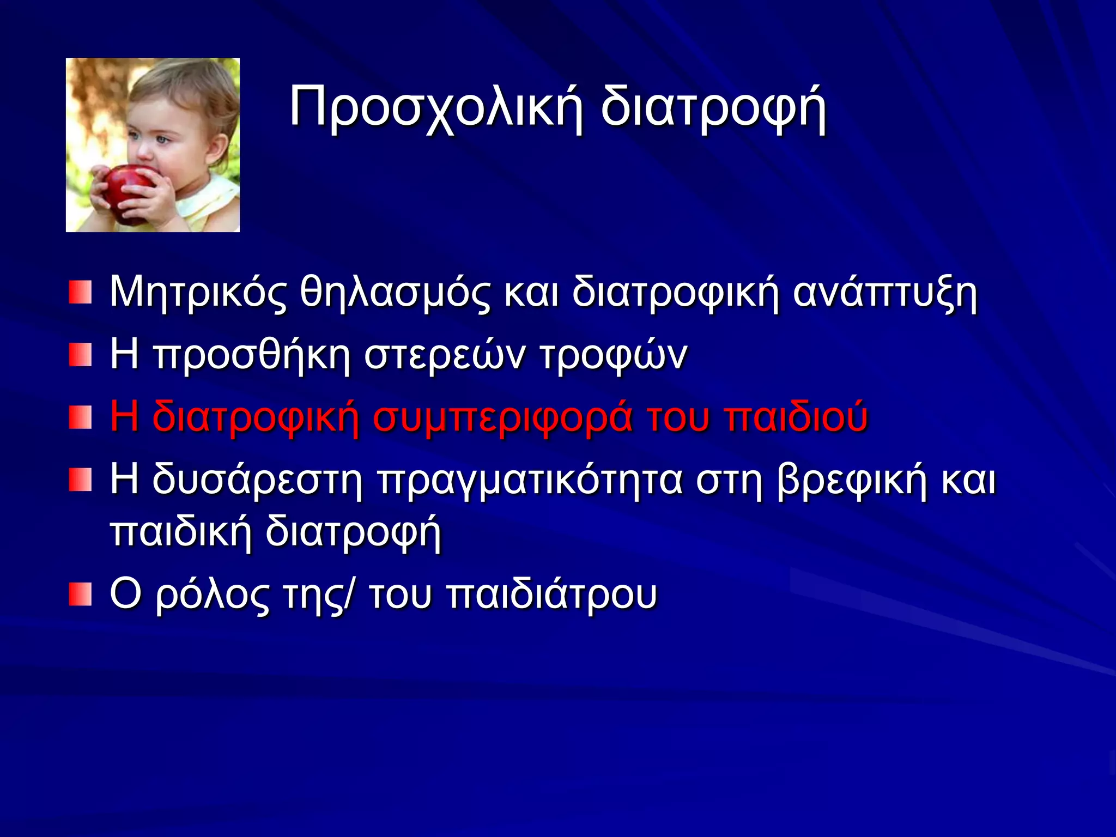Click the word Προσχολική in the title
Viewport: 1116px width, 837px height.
coord(436,107)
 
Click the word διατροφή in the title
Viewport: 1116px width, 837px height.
coord(714,107)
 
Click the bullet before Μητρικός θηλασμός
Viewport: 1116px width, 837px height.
coord(80,293)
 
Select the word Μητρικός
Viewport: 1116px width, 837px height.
coord(198,293)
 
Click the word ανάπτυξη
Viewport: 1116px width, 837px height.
coord(885,293)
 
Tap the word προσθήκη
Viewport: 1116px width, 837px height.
coord(252,355)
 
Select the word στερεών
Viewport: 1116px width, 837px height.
coord(445,355)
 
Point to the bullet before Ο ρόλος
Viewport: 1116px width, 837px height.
coord(80,595)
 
